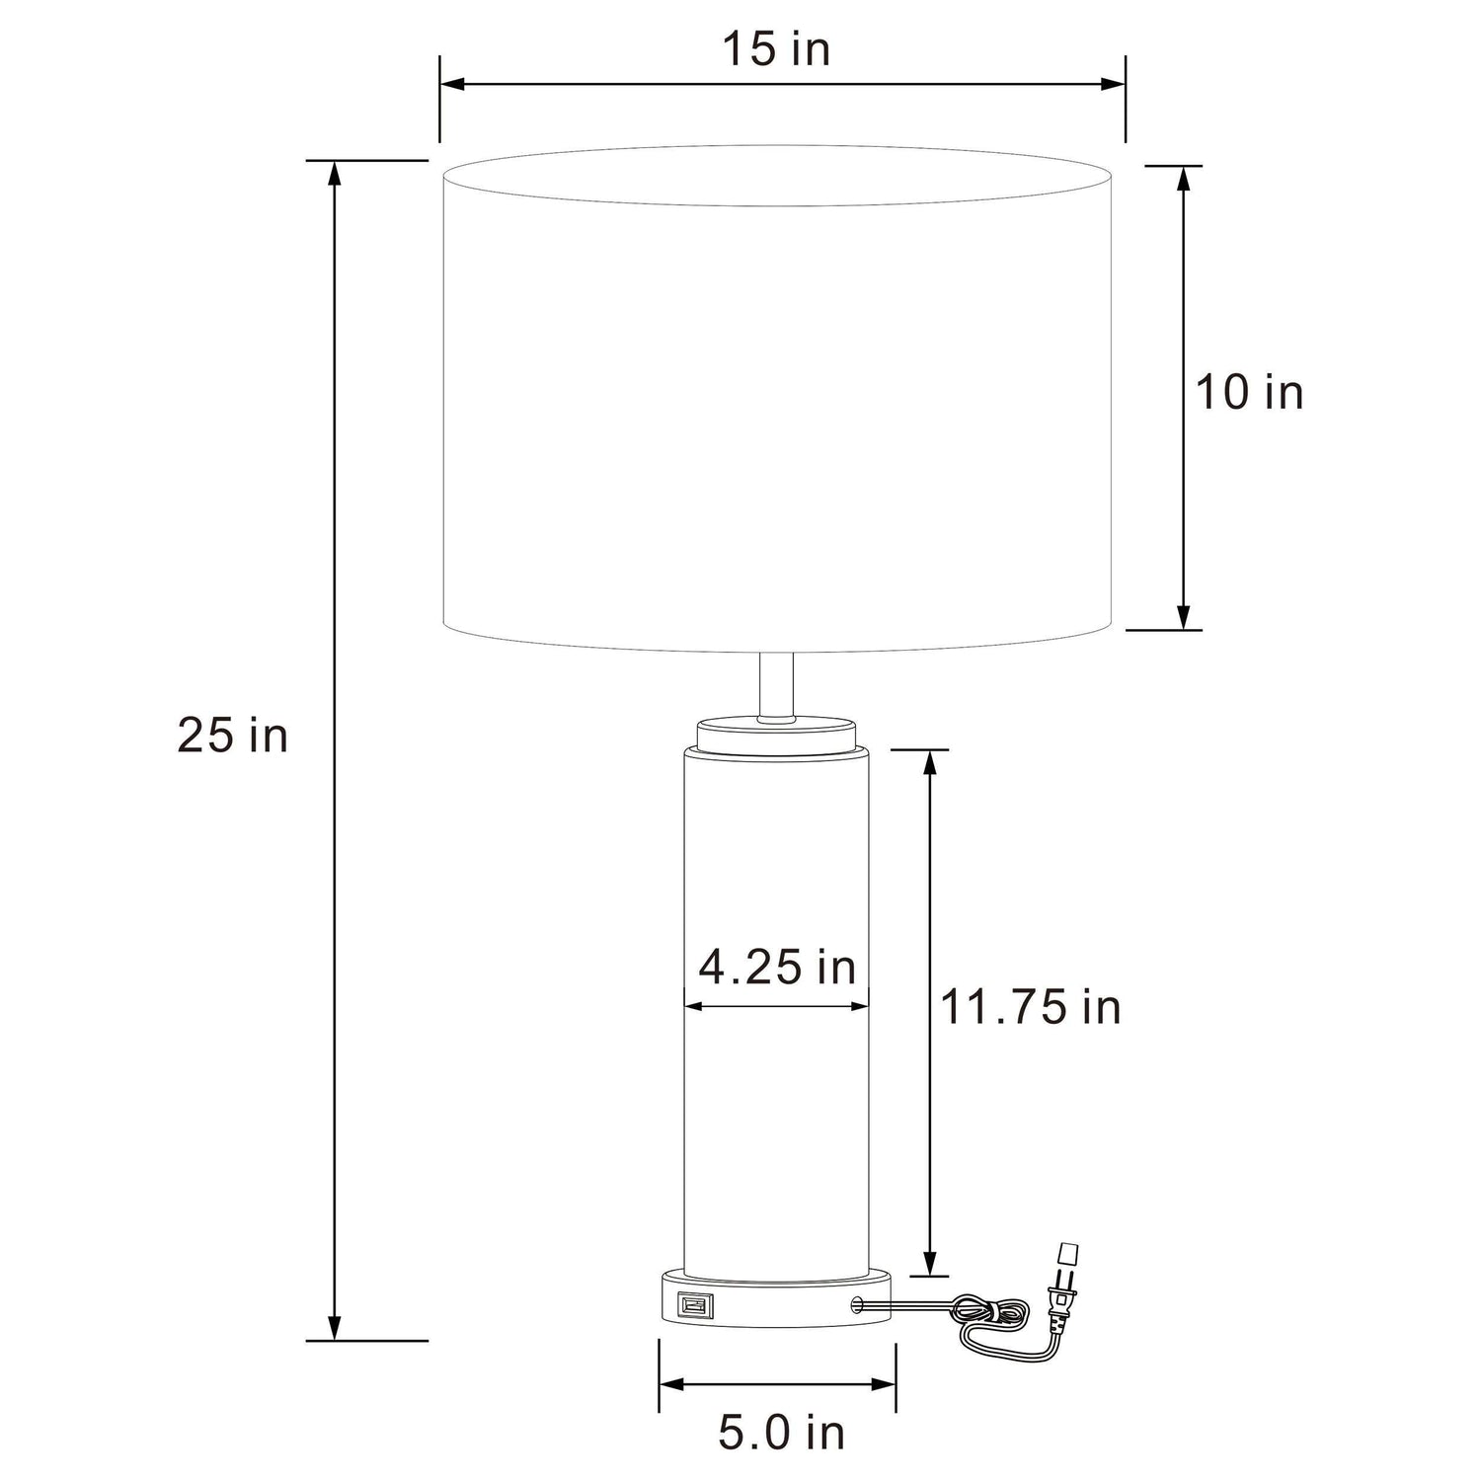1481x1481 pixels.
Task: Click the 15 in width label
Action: (776, 49)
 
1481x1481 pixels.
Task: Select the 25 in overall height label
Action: (233, 736)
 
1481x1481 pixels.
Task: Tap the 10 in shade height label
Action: (1250, 392)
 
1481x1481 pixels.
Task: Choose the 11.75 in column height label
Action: (1031, 1007)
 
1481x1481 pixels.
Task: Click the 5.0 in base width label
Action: (781, 1434)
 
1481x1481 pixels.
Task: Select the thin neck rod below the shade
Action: (777, 685)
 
